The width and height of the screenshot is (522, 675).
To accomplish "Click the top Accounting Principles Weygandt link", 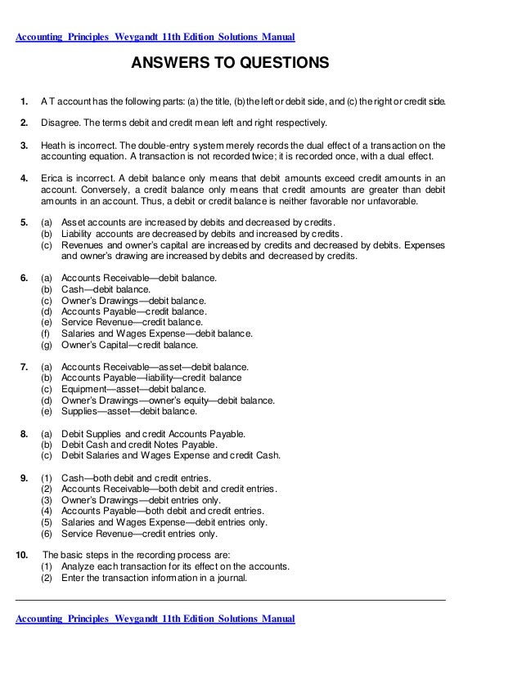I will point(155,38).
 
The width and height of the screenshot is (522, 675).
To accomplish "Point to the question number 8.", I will point(25,433).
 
